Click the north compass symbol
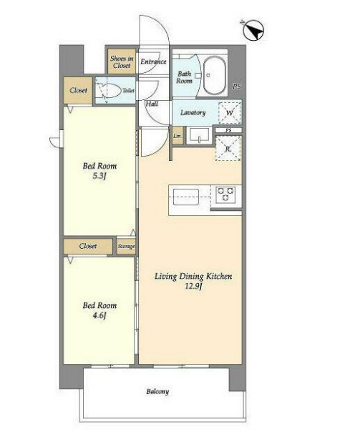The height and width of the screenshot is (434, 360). point(253,30)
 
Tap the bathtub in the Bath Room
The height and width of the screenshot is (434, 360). point(214,76)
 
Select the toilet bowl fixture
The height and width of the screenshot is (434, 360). point(108,90)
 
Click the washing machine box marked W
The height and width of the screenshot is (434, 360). point(230,113)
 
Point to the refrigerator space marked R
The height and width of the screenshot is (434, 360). point(228,149)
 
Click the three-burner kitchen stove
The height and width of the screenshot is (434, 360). point(225,194)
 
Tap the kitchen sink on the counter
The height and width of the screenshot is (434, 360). point(186,197)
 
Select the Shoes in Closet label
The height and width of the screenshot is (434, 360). point(122,62)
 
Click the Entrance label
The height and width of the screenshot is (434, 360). point(153,61)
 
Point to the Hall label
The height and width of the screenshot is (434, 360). point(152,104)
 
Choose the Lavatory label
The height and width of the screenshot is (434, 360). point(193,112)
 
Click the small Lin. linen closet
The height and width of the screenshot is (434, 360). point(177,136)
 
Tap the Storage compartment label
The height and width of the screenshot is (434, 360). point(127,246)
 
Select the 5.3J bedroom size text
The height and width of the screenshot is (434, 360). point(99,176)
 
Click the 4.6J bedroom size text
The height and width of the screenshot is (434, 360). point(99,315)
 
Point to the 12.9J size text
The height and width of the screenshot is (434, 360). point(193,286)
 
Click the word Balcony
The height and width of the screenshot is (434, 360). point(157,392)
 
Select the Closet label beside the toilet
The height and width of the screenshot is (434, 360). point(79,90)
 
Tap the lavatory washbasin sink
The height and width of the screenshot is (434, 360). point(199,135)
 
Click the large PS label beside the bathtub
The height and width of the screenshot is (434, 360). point(236,87)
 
